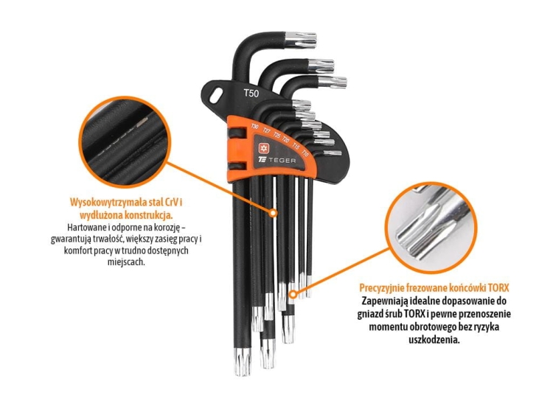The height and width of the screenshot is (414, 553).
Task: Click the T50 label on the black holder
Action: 251,94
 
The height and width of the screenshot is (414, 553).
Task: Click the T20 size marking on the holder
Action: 286,139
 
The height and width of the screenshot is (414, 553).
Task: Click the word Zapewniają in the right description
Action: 387,301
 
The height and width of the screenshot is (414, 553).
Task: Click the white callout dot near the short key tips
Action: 292,295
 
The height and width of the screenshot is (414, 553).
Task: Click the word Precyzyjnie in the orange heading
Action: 386,287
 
